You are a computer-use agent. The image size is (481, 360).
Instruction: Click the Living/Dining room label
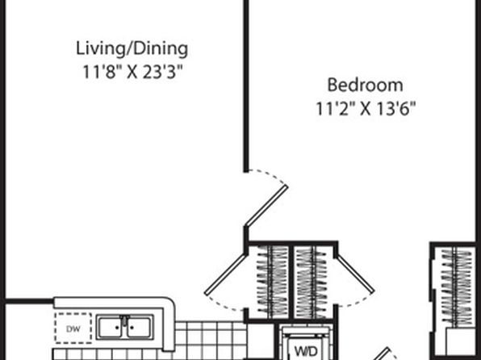tap(132, 49)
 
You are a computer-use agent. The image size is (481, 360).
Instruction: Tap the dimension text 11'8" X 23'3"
tap(132, 73)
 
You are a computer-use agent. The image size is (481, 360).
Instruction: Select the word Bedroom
tap(365, 85)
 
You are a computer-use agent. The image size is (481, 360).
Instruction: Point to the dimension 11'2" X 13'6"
tap(366, 108)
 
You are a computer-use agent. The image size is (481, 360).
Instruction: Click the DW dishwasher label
tap(73, 329)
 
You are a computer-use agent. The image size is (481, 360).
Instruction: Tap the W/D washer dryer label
tap(305, 351)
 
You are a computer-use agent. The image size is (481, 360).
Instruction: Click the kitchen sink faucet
tap(124, 321)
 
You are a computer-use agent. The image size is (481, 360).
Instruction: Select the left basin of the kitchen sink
tap(111, 328)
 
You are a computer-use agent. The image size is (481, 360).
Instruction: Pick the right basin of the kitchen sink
tap(139, 328)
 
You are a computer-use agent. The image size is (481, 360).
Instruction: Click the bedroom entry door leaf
tap(266, 206)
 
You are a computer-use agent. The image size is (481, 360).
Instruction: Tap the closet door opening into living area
tap(225, 274)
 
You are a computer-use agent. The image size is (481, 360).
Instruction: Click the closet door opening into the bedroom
tap(356, 274)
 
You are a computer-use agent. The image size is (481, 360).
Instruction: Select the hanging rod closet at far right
tap(457, 287)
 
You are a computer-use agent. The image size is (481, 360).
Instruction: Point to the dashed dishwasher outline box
tap(73, 328)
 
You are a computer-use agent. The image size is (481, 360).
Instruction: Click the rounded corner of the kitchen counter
tap(169, 303)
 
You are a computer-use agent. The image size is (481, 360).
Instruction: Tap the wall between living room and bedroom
tap(246, 86)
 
